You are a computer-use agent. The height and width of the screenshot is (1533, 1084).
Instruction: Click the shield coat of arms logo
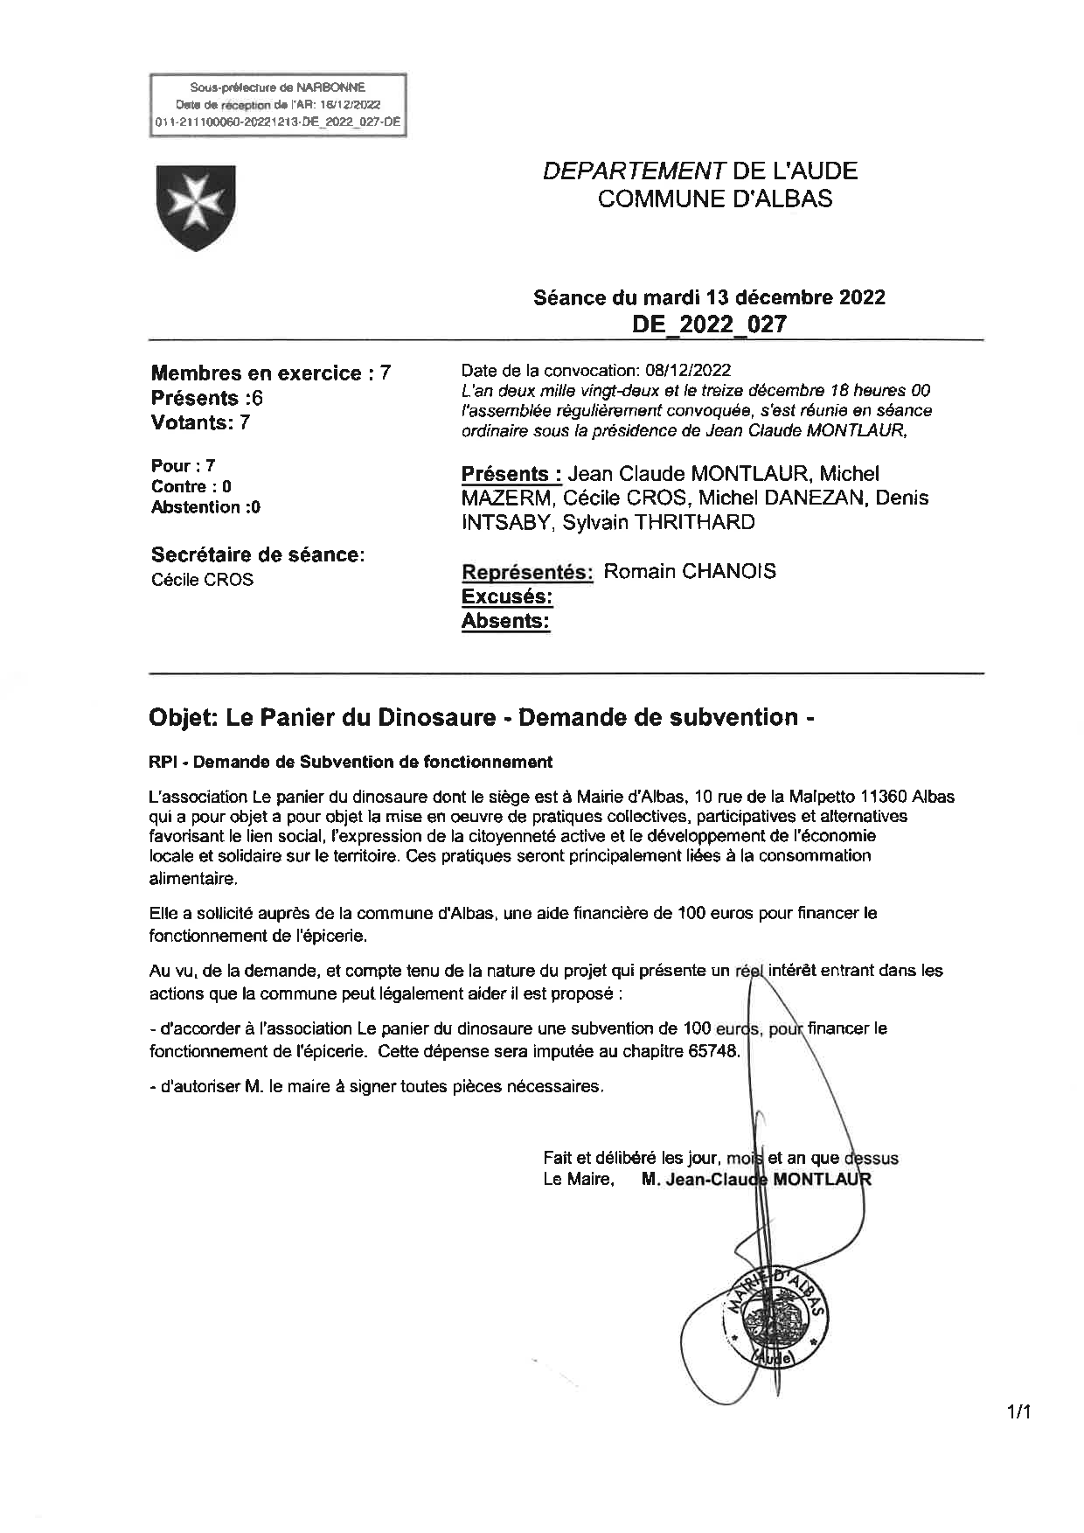coord(195,207)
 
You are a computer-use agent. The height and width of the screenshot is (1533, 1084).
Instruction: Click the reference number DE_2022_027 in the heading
coord(709,324)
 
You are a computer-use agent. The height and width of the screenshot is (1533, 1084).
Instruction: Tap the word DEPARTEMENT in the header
coord(629,171)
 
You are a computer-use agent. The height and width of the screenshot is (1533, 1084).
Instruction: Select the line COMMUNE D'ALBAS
coord(714,199)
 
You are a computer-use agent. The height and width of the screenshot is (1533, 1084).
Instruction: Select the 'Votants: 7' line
coord(200,422)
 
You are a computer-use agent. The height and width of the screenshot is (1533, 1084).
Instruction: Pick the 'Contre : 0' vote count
coord(191,487)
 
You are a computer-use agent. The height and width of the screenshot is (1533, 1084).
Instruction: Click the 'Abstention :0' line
coord(205,507)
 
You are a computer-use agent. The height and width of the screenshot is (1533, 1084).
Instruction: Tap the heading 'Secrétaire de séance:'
coord(258,554)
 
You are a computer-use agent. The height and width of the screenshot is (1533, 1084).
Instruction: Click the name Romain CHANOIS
coord(690,572)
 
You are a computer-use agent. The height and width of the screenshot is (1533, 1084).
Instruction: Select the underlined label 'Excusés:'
coord(507,596)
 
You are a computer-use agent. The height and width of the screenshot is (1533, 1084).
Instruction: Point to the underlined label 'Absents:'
coord(505,621)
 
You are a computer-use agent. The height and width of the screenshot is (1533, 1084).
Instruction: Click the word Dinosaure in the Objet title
coord(436,718)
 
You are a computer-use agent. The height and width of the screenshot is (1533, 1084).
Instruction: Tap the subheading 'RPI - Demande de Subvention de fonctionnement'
coord(351,762)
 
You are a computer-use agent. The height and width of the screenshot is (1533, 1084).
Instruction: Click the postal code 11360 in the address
coord(883,797)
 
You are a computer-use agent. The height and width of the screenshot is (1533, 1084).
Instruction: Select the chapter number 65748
coord(713,1051)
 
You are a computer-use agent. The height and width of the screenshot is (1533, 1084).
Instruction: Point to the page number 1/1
coord(1019,1411)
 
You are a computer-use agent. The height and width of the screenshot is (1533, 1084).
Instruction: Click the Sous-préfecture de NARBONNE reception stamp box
coord(278,105)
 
